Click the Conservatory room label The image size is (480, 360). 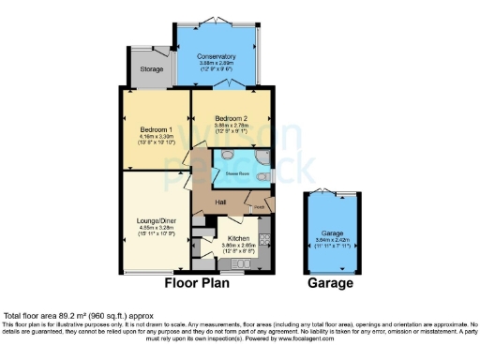pos(216,56)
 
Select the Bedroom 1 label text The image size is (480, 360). pos(154,128)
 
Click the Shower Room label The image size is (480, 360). pos(235,172)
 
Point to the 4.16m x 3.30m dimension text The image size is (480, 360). pos(154,136)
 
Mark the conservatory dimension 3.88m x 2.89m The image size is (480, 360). pos(216,64)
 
